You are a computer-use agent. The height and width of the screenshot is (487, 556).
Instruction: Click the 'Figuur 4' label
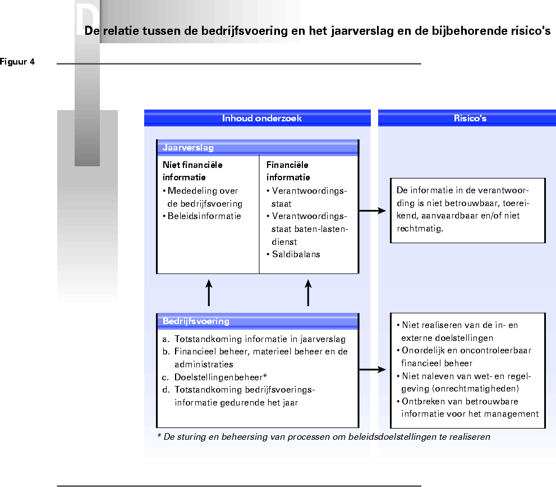(17, 62)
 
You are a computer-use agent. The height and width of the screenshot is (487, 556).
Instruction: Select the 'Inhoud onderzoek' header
(262, 119)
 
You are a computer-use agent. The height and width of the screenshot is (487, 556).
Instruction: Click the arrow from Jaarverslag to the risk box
(373, 211)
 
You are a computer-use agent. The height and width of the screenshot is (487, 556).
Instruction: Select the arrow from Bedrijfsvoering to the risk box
(373, 370)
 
